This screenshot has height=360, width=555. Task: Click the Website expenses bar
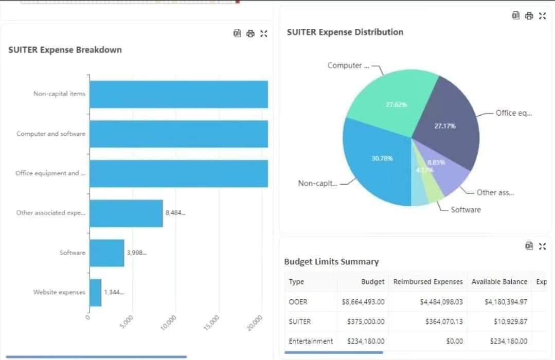[96, 292]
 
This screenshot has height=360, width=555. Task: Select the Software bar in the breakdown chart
[107, 253]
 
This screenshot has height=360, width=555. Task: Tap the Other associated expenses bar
[126, 213]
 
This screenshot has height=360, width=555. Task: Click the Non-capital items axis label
[59, 94]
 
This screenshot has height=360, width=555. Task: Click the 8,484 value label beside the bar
[175, 213]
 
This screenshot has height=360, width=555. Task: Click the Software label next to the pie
[466, 210]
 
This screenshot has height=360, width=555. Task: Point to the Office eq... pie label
[513, 113]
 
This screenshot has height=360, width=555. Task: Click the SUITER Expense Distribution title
[345, 32]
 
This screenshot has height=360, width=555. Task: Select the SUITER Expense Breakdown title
[65, 50]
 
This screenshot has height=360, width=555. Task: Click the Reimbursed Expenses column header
[428, 282]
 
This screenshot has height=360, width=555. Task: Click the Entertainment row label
[311, 341]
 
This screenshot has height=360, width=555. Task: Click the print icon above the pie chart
[529, 16]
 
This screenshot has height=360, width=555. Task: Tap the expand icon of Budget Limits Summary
[542, 246]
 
